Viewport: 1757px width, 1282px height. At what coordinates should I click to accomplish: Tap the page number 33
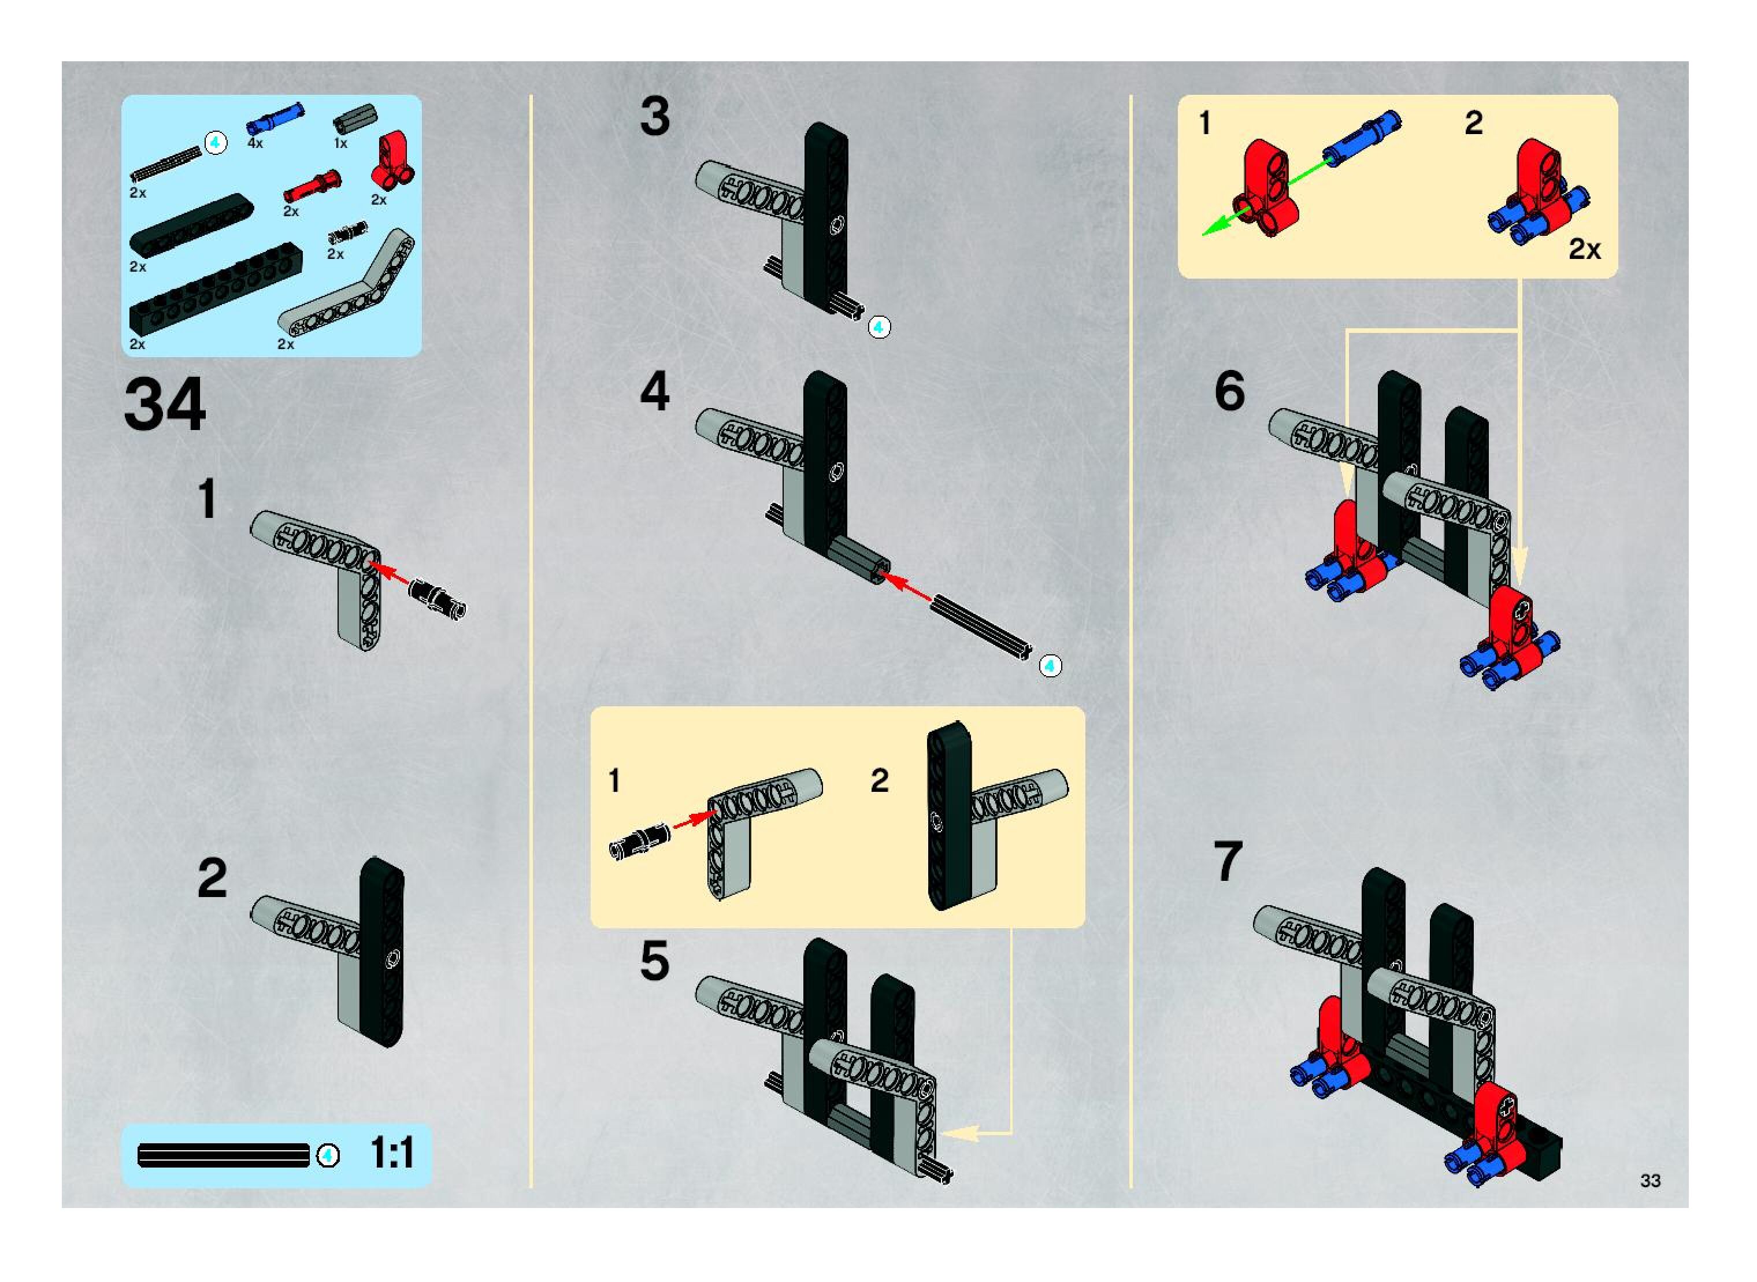(1650, 1180)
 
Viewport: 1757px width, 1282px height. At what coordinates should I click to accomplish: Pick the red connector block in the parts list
(394, 158)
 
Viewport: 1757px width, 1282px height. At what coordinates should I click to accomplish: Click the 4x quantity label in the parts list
(255, 143)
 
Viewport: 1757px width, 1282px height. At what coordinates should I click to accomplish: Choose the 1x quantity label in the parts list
(340, 143)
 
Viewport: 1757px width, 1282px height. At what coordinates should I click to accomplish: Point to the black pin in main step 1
(437, 598)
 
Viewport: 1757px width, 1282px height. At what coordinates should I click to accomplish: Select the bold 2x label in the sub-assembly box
(1584, 249)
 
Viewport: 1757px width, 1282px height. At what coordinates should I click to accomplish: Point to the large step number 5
(654, 961)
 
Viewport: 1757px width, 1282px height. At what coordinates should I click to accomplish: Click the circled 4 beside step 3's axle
(878, 328)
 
